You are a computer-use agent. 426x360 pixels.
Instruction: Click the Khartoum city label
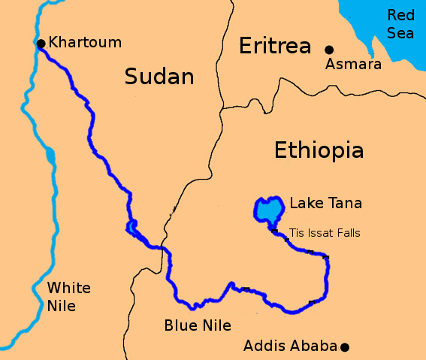click(x=85, y=42)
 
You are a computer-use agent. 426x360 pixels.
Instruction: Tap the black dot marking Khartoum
click(x=41, y=43)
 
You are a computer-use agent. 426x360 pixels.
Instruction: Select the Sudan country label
click(x=159, y=77)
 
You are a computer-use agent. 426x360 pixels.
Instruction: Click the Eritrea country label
click(x=274, y=47)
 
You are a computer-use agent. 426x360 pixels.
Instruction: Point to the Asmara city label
click(x=353, y=65)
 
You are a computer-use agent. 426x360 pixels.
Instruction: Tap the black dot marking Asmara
click(x=328, y=50)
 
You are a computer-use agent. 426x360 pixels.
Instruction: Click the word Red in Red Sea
click(x=400, y=15)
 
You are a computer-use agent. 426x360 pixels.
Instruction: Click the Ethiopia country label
click(x=319, y=150)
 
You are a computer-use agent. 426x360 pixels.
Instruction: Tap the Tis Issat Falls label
click(x=325, y=233)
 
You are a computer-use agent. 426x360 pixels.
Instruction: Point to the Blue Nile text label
click(x=198, y=325)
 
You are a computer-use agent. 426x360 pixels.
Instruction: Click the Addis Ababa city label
click(x=290, y=346)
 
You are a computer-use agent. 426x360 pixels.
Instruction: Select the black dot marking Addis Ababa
click(x=345, y=346)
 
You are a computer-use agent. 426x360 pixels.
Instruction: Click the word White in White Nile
click(x=68, y=288)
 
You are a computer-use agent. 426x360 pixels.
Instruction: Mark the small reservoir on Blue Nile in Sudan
click(x=132, y=226)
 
